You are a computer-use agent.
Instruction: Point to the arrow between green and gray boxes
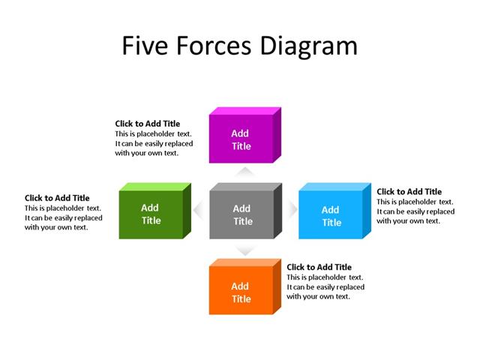pyautogui.click(x=198, y=211)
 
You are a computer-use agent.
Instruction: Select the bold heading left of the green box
pyautogui.click(x=57, y=198)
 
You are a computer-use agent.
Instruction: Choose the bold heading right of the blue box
pyautogui.click(x=409, y=192)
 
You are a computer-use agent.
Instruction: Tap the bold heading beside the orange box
pyautogui.click(x=319, y=267)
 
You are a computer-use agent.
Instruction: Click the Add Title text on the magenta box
pyautogui.click(x=240, y=139)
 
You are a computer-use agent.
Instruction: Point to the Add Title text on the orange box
pyautogui.click(x=241, y=292)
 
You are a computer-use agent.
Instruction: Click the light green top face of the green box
pyautogui.click(x=154, y=186)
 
